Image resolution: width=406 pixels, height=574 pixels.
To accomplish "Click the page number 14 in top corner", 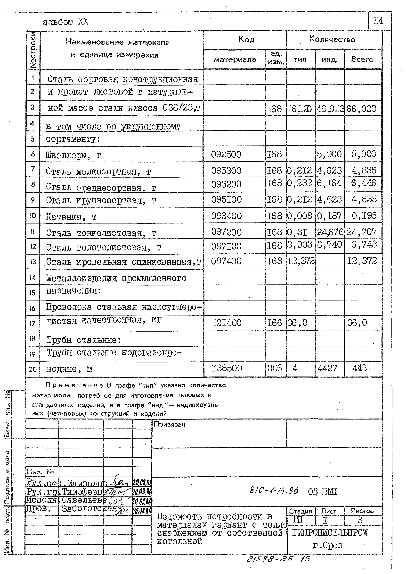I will click(x=378, y=21).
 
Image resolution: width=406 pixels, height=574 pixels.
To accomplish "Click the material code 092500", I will click(x=226, y=154).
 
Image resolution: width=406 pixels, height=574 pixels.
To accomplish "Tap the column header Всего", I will click(x=362, y=59).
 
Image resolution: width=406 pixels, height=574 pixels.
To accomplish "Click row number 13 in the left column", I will click(x=33, y=262).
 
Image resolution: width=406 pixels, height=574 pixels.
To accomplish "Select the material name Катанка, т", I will click(x=71, y=217).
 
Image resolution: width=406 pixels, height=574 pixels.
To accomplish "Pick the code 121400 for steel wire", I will click(x=227, y=323).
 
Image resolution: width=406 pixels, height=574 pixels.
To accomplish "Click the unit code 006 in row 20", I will click(x=275, y=368).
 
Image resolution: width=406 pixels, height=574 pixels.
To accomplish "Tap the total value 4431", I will click(x=362, y=368).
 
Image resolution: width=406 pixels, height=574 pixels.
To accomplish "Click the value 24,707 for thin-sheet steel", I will click(x=362, y=232).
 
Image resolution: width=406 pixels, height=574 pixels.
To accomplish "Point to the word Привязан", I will click(x=169, y=424).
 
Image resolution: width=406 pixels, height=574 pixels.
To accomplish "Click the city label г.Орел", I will click(x=328, y=546).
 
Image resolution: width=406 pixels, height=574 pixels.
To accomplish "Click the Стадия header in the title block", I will click(x=300, y=511).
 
